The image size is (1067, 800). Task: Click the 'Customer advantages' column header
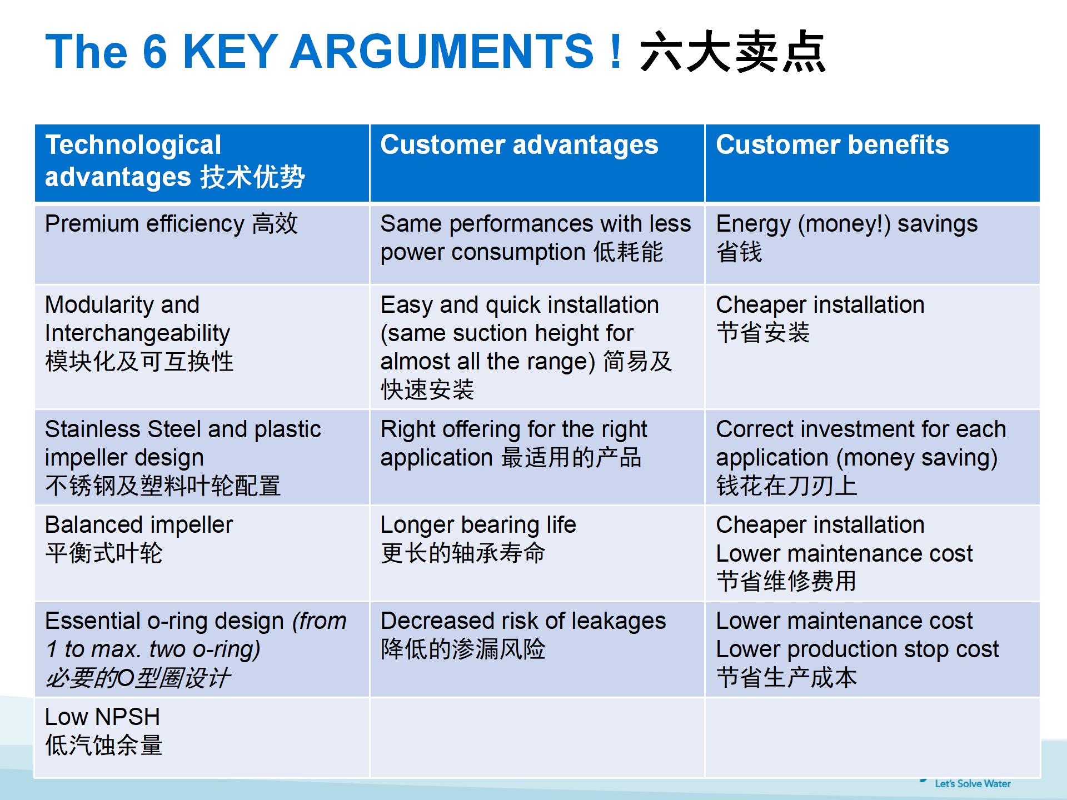(x=537, y=163)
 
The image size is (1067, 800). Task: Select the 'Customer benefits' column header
(x=872, y=163)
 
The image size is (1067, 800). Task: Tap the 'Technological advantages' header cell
(x=202, y=163)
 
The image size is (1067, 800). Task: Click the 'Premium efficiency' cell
(x=202, y=244)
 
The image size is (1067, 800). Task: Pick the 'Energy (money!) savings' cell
(x=872, y=244)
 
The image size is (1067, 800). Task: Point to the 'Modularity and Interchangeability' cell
(x=202, y=347)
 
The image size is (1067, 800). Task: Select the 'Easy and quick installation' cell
(x=537, y=347)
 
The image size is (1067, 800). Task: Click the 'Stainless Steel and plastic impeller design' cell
(x=202, y=457)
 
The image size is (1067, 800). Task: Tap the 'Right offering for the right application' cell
(x=537, y=457)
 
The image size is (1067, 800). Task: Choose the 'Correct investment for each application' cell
(x=872, y=457)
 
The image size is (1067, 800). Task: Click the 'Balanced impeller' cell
(x=202, y=553)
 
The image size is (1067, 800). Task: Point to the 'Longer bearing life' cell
(x=537, y=553)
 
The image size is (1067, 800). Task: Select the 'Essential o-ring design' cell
(x=202, y=649)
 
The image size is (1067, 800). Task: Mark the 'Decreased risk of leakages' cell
(x=537, y=649)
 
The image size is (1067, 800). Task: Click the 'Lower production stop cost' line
(x=857, y=649)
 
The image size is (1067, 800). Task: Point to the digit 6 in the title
(x=154, y=51)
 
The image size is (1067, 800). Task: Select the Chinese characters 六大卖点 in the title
(x=733, y=52)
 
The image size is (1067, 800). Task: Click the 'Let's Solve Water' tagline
(x=973, y=783)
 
